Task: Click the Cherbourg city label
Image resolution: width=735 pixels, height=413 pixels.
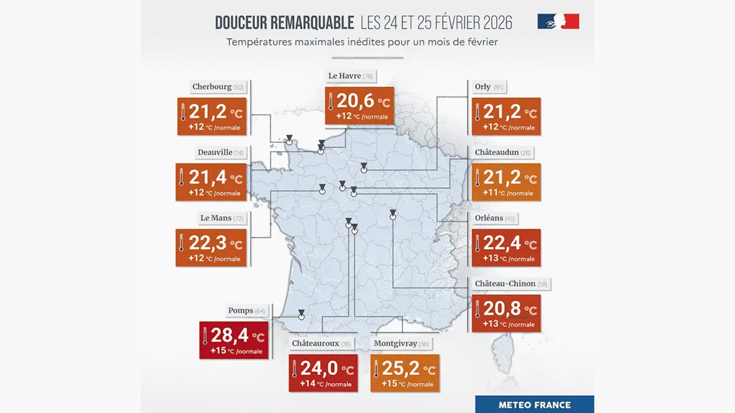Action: click(211, 87)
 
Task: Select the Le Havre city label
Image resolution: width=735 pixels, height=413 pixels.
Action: click(344, 76)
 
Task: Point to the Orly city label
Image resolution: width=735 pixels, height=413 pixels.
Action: click(483, 87)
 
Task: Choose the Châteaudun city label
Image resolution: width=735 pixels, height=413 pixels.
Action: click(497, 152)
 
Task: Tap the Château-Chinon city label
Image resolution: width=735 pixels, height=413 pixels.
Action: click(505, 283)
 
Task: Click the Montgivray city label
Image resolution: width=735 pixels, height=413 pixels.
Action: click(395, 344)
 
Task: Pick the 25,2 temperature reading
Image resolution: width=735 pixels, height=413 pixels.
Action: click(401, 370)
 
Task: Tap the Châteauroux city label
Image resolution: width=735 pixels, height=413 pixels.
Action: click(315, 344)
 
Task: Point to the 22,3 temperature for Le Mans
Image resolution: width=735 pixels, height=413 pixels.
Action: click(208, 244)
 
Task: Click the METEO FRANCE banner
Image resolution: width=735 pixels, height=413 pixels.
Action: click(535, 404)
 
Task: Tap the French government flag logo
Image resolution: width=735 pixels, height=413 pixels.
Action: click(558, 22)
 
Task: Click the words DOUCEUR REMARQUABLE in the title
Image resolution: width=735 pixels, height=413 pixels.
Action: click(284, 23)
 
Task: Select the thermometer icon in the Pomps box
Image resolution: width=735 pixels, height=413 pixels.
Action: click(205, 335)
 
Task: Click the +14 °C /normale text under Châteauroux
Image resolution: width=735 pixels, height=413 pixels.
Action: click(325, 384)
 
